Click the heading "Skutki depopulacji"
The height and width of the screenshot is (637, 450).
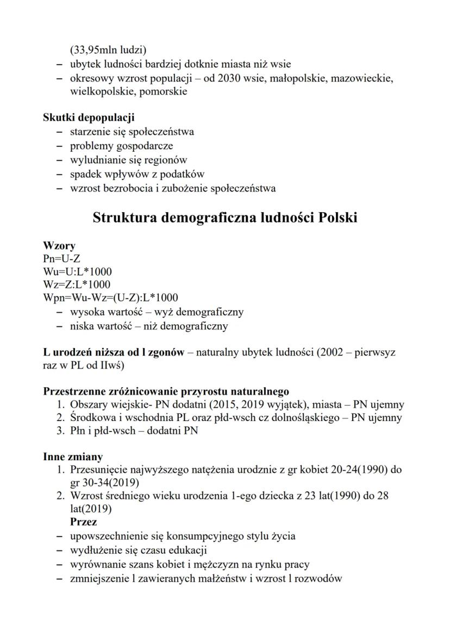click(x=89, y=117)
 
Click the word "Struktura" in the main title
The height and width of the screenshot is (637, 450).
click(x=124, y=218)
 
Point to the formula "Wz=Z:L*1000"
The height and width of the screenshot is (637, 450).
click(x=77, y=285)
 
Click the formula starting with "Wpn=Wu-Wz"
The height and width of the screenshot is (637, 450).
click(x=110, y=298)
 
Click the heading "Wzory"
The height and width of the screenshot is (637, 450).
click(x=59, y=246)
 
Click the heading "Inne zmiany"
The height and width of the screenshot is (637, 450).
click(x=72, y=456)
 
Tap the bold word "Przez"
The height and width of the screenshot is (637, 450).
click(x=84, y=522)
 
